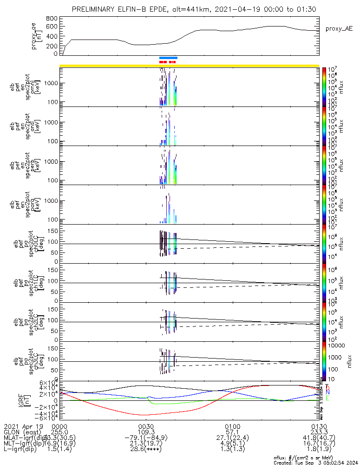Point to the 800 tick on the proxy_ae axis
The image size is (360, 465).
pos(52,19)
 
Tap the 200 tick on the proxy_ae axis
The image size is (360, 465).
pos(52,46)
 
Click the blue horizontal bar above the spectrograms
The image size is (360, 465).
pos(168,58)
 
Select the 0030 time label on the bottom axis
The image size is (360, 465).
pos(146,426)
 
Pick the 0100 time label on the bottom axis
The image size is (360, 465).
pos(232,426)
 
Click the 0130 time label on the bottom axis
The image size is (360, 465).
pos(319,426)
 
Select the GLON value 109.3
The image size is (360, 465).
pos(146,432)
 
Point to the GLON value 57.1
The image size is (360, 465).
pos(232,432)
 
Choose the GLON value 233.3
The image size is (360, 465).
pos(319,432)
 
